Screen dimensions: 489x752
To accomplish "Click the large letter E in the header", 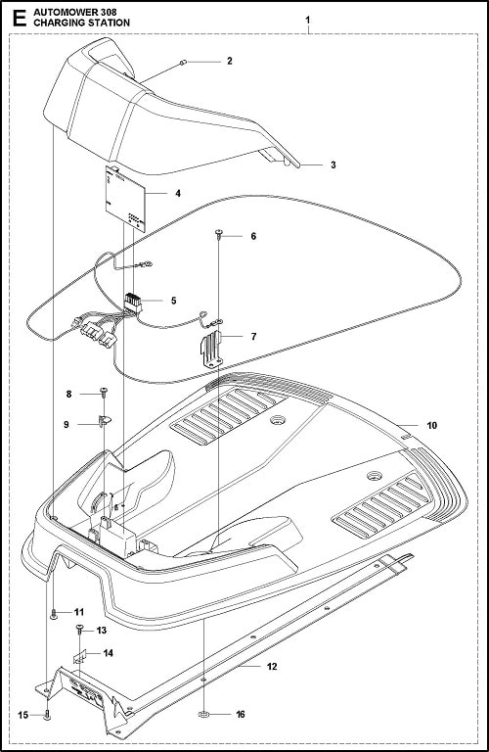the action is click(20, 19).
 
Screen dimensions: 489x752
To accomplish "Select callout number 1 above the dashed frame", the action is click(308, 21).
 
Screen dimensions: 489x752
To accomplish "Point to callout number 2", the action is click(230, 61).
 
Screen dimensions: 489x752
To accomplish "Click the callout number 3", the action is click(333, 164).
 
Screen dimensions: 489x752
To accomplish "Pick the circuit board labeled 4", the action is click(124, 199).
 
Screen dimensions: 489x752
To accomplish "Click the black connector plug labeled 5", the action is click(133, 304).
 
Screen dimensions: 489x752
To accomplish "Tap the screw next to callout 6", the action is click(218, 234).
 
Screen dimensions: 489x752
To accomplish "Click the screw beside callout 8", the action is click(104, 392).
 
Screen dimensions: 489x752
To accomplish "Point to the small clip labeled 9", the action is click(104, 421).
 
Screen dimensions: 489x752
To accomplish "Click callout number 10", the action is click(431, 425).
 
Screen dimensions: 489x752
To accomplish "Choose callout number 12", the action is click(272, 667).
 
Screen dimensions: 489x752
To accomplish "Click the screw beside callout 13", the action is click(79, 629).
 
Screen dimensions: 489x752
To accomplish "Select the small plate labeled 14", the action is click(79, 656).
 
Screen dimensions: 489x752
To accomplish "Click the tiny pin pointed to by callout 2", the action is click(184, 62).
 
